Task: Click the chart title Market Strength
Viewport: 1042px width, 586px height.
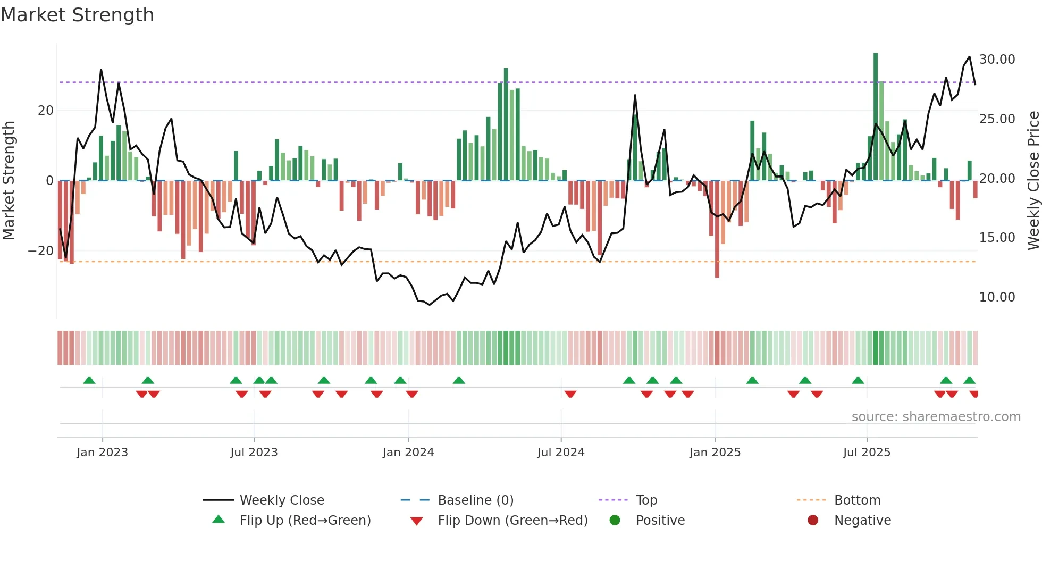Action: pyautogui.click(x=77, y=15)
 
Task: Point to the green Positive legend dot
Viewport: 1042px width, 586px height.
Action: pyautogui.click(x=615, y=520)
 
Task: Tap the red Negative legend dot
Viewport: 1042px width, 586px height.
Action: pyautogui.click(x=813, y=520)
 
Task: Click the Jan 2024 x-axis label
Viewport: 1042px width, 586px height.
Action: pyautogui.click(x=408, y=452)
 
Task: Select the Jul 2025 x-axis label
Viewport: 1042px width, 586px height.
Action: pyautogui.click(x=867, y=452)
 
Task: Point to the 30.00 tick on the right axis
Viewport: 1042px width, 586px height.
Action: pyautogui.click(x=997, y=59)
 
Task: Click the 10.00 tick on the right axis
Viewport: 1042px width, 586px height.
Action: pyautogui.click(x=997, y=297)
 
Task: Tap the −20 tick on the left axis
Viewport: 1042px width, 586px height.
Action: pyautogui.click(x=41, y=250)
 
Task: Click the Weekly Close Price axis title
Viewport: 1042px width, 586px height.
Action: pyautogui.click(x=1033, y=181)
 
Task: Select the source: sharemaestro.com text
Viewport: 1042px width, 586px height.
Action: pyautogui.click(x=936, y=416)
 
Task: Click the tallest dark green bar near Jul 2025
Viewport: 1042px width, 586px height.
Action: pyautogui.click(x=876, y=117)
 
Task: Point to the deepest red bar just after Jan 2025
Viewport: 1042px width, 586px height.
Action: pyautogui.click(x=717, y=229)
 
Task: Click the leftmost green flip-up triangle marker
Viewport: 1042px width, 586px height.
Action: pyautogui.click(x=89, y=380)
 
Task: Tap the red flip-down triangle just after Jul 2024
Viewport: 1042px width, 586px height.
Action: pyautogui.click(x=570, y=394)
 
